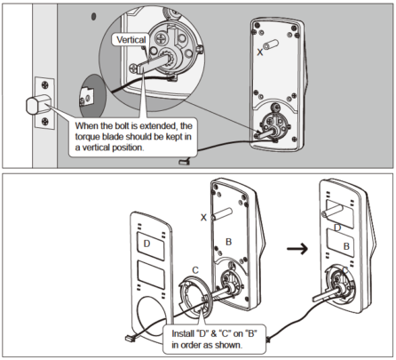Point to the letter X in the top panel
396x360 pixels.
[x=259, y=52]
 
